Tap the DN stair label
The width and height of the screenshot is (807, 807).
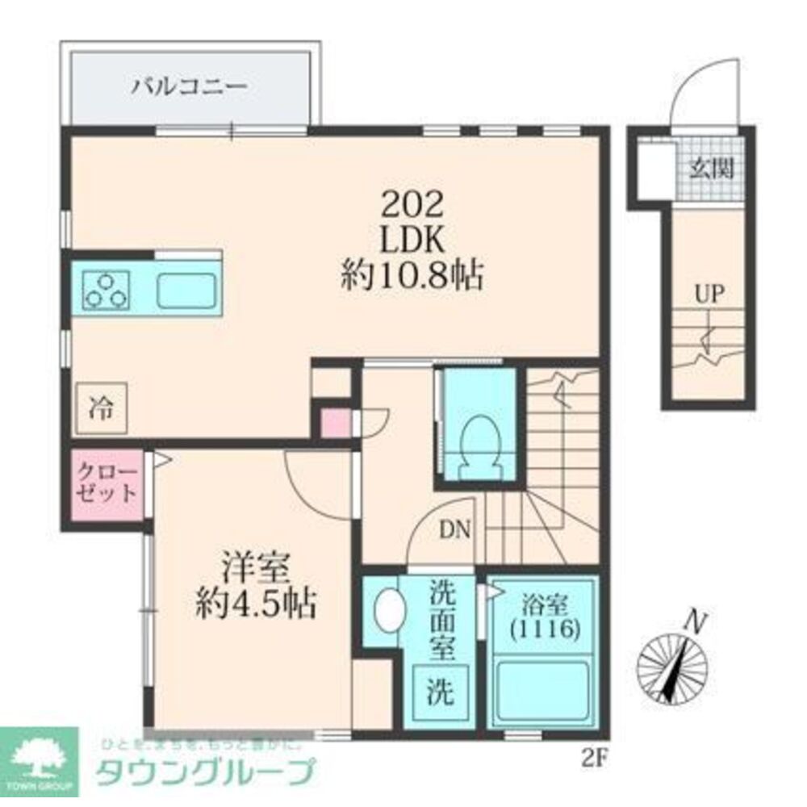[x=455, y=529]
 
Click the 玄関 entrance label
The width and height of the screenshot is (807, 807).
[x=712, y=169]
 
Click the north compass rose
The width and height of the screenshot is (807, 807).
[x=672, y=665]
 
